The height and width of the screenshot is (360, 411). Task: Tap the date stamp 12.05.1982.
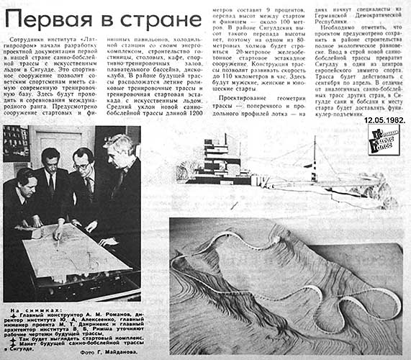pos(384,120)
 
